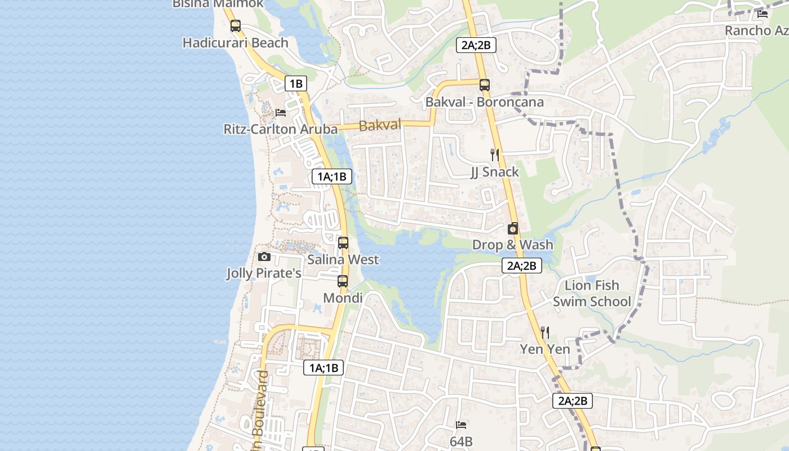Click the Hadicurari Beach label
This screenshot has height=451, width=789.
[x=235, y=43]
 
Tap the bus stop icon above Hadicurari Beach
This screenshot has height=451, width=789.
[x=236, y=25]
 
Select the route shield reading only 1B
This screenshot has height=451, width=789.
[x=296, y=84]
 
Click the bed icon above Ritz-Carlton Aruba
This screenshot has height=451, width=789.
[x=281, y=113]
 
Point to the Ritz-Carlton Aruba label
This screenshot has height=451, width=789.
[x=280, y=129]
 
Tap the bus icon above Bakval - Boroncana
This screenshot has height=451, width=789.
[x=485, y=85]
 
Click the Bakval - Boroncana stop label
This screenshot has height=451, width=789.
[x=485, y=102]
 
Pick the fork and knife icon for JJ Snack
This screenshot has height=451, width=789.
[x=495, y=154]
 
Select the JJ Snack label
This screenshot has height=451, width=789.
[x=495, y=172]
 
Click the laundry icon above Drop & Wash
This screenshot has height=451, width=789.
[x=513, y=228]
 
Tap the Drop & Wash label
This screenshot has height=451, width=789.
[x=513, y=245]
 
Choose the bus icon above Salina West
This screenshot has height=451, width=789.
[x=343, y=243]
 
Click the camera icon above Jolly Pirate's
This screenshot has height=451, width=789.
[x=264, y=257]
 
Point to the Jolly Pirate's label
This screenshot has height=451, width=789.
[x=264, y=273]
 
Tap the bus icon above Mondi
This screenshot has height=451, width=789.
[x=343, y=281]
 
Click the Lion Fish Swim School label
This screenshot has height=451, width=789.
[x=592, y=293]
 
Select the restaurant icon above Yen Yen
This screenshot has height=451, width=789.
[x=545, y=333]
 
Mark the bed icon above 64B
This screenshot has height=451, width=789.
[x=461, y=425]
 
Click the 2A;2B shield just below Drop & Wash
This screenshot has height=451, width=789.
[x=522, y=266]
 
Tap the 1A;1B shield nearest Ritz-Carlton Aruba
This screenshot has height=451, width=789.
[x=333, y=176]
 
